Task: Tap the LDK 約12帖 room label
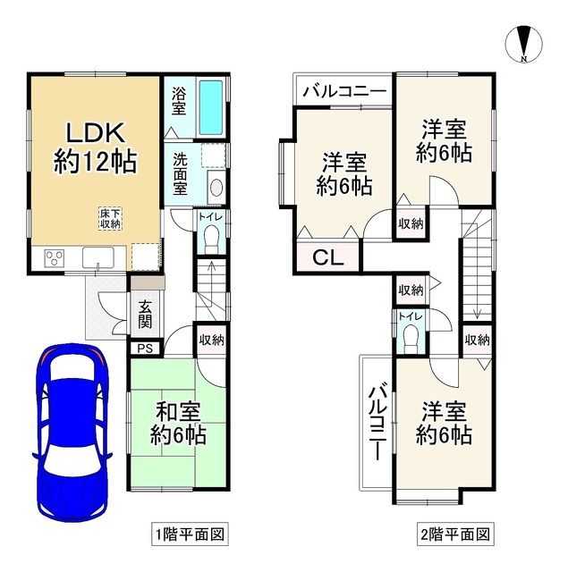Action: click(92, 147)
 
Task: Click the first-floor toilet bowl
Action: click(212, 236)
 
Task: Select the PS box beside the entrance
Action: click(145, 349)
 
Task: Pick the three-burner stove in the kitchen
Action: click(53, 259)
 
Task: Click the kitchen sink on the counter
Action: click(97, 258)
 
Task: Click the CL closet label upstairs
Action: click(328, 259)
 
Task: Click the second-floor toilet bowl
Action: click(411, 338)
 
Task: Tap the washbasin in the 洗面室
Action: click(216, 187)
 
